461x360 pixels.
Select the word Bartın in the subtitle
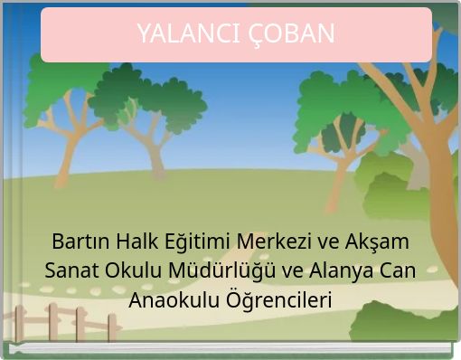tap(80, 242)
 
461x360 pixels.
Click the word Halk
tap(136, 242)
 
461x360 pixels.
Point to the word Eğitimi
tap(198, 242)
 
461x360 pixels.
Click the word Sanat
tap(71, 270)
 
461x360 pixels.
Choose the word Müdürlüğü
tap(214, 270)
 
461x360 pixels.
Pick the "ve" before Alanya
tap(278, 270)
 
